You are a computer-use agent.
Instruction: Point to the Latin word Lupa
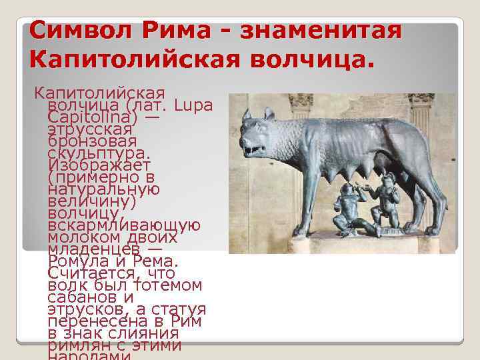click(193, 105)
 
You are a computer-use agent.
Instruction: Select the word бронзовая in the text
click(92, 141)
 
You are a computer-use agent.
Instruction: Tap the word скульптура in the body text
click(93, 153)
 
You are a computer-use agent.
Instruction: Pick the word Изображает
click(99, 165)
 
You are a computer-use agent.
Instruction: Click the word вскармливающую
click(124, 225)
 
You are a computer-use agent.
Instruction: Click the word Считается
click(92, 273)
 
